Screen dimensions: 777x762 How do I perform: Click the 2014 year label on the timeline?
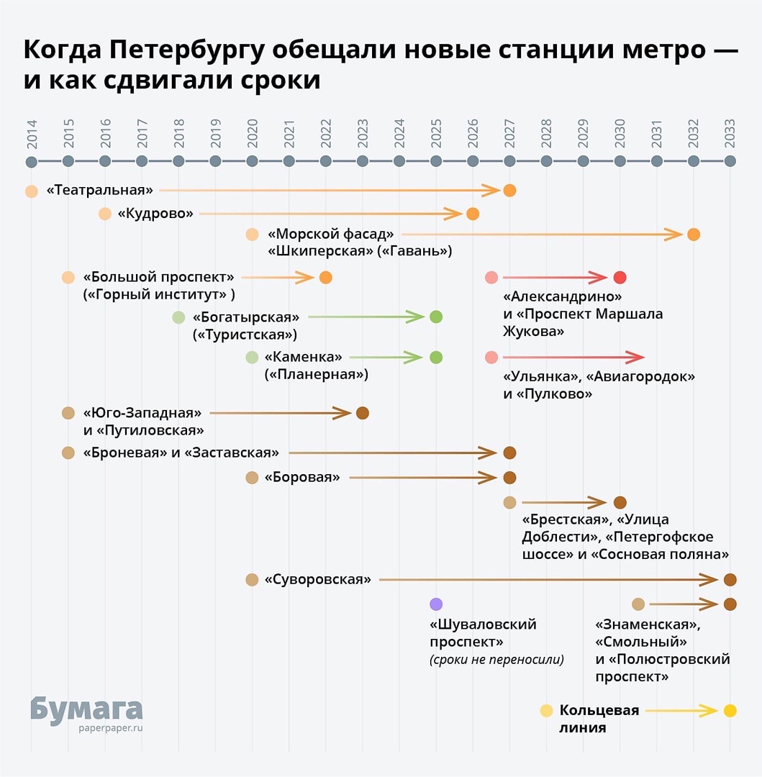[x=32, y=135]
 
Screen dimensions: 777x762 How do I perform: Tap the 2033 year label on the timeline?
[x=730, y=135]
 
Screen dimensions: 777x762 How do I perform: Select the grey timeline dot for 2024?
[x=399, y=161]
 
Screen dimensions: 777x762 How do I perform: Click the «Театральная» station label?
[x=100, y=191]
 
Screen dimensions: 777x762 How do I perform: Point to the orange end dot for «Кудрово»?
[x=473, y=214]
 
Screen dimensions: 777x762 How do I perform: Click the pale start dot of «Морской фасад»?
[x=252, y=234]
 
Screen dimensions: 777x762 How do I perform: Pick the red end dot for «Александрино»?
[x=620, y=278]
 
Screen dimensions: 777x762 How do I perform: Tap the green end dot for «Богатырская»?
[x=435, y=317]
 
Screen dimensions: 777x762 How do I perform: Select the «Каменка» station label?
[x=304, y=357]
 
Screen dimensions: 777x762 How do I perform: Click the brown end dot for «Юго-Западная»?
[x=363, y=413]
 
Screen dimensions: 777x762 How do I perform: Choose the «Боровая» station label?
[x=302, y=477]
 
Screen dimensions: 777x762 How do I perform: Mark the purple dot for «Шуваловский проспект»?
[x=435, y=604]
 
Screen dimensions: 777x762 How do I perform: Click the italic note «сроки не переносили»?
[x=496, y=659]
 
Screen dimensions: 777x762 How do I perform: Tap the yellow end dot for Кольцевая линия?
[x=730, y=711]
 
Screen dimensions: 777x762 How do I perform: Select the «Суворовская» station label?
[x=318, y=579]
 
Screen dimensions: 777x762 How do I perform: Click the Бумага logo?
[x=86, y=708]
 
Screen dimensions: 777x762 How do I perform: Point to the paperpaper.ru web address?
[x=111, y=727]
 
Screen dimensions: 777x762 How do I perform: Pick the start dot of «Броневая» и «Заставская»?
[x=68, y=453]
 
